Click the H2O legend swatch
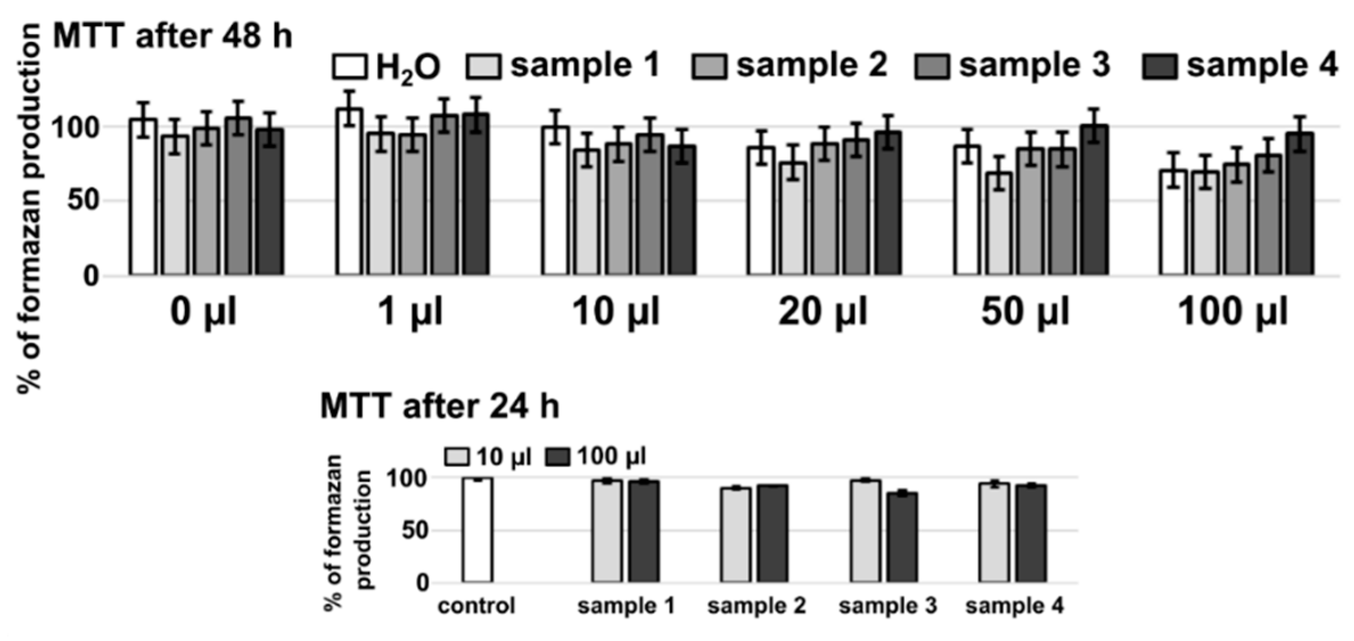[349, 67]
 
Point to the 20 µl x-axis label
[822, 311]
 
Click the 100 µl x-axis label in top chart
[1232, 311]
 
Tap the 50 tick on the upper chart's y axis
[83, 201]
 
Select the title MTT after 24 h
[439, 406]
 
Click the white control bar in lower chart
[477, 530]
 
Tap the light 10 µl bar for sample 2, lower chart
[735, 535]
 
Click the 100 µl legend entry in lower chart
[596, 456]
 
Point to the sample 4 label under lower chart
[1014, 606]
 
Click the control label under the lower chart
[476, 606]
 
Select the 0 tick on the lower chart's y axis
[421, 583]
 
